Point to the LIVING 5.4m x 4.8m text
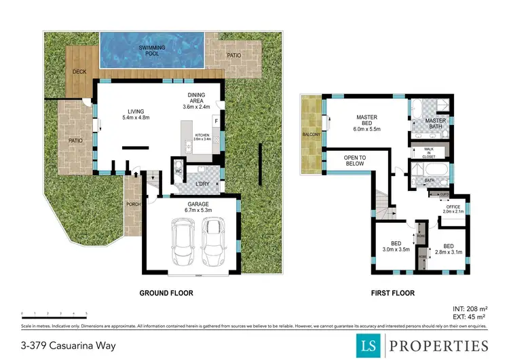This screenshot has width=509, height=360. pos(136,115)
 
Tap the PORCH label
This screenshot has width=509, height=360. pos(132,204)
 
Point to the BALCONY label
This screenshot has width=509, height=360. pos(311,134)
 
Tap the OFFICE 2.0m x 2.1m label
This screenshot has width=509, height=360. pos(452,209)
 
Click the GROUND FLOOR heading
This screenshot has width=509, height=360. pos(166,293)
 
